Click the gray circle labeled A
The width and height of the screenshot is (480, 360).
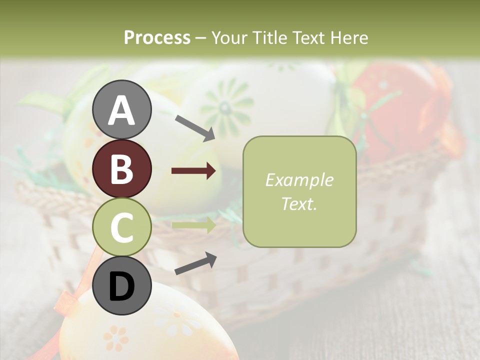pyautogui.click(x=121, y=109)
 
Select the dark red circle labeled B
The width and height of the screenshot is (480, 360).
pyautogui.click(x=121, y=168)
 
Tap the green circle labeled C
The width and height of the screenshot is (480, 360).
pyautogui.click(x=121, y=227)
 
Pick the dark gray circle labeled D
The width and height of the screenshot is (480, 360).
pyautogui.click(x=121, y=285)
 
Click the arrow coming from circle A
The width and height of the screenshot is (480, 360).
pyautogui.click(x=195, y=127)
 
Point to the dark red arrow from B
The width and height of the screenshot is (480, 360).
pyautogui.click(x=193, y=171)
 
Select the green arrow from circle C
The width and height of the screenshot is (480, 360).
pyautogui.click(x=193, y=224)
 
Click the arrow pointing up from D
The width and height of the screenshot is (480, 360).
pyautogui.click(x=195, y=263)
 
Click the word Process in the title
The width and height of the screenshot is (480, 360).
pyautogui.click(x=157, y=37)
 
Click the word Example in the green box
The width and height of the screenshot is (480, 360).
pyautogui.click(x=299, y=180)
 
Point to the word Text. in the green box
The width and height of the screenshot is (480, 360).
pyautogui.click(x=299, y=203)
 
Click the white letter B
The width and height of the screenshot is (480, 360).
pyautogui.click(x=121, y=169)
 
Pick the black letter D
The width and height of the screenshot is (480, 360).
pyautogui.click(x=121, y=286)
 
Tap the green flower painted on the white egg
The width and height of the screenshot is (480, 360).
pyautogui.click(x=226, y=105)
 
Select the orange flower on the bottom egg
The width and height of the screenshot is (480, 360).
pyautogui.click(x=116, y=337)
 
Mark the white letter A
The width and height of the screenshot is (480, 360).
pyautogui.click(x=121, y=110)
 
